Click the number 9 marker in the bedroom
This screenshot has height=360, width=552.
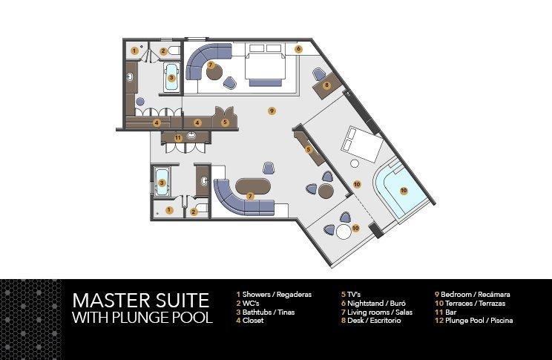point(272,111)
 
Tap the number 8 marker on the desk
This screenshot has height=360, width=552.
point(326,85)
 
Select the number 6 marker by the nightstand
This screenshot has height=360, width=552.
point(298,49)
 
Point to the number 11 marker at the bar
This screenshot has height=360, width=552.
point(177,138)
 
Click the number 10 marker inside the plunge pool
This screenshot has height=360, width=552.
point(404,191)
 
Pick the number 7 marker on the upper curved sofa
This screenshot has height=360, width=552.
point(211,66)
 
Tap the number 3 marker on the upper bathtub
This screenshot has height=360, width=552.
point(171,76)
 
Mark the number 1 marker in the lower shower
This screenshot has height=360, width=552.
point(169,210)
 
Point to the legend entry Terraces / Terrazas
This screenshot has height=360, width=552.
point(475,304)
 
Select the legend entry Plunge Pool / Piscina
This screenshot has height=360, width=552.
point(476,321)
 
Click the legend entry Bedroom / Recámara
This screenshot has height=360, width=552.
point(475,295)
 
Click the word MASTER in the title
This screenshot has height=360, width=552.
point(108,301)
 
